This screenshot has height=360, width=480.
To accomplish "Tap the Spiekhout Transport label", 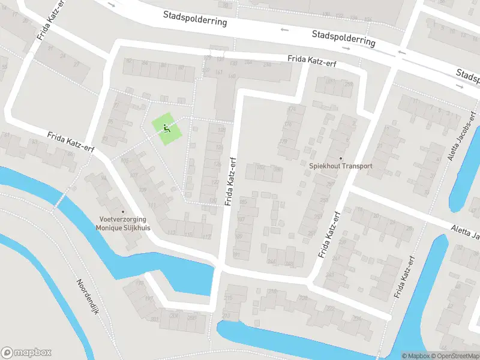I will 340,166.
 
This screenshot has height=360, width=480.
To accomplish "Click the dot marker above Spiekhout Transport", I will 340,159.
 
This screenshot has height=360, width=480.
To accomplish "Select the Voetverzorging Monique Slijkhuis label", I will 123,224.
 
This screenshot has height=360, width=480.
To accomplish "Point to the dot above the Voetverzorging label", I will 123,211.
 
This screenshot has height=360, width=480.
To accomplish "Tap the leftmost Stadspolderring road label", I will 195,17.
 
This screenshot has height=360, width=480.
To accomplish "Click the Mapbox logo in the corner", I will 26,353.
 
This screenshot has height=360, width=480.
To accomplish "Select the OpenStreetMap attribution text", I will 455,356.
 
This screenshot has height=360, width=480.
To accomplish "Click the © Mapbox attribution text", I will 416,356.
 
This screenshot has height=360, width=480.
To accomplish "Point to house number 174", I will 292,110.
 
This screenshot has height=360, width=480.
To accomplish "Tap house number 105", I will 125,161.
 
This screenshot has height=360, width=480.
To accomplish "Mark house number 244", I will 271,261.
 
